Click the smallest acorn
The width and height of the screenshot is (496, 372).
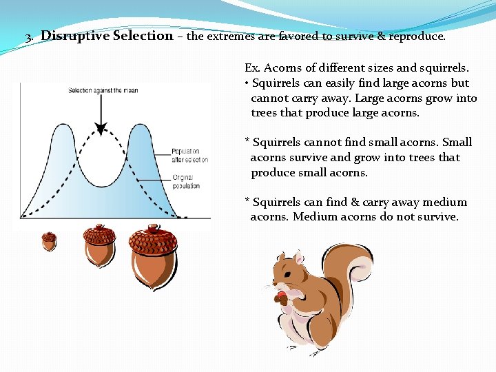click(49, 241)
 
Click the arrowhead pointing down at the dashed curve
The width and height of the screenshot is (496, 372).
click(101, 128)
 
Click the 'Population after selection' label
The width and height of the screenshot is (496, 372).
click(185, 156)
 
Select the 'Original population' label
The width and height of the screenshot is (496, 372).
click(186, 182)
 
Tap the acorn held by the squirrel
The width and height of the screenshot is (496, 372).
click(280, 298)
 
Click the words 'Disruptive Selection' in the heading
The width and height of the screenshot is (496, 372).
click(107, 36)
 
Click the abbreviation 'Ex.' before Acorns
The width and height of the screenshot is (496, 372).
click(251, 68)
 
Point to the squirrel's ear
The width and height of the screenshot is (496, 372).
click(298, 259)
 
